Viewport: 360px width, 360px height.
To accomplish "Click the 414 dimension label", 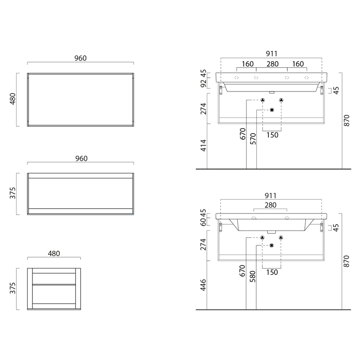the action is click(203, 146).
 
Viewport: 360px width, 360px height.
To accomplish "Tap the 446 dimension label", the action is click(203, 285).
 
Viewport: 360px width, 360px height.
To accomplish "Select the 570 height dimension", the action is click(253, 139).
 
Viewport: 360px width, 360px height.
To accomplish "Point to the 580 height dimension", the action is click(252, 276).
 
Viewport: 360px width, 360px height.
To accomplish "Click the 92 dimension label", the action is click(203, 84).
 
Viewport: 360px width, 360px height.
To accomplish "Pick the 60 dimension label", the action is click(203, 222).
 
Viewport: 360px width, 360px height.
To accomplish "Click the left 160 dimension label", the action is click(248, 64).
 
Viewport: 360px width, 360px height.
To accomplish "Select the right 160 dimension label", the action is click(298, 64).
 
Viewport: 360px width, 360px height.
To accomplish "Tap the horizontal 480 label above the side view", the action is click(54, 253).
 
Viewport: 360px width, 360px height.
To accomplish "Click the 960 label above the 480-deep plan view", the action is click(80, 58).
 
